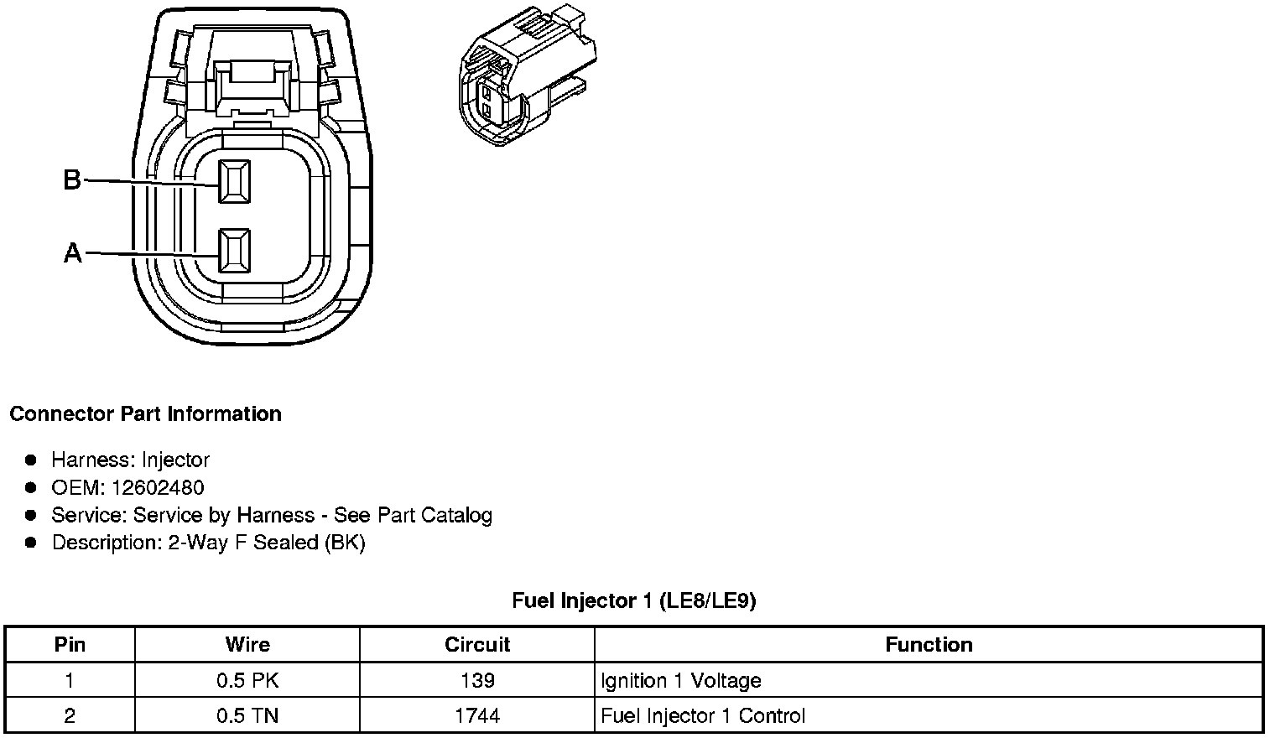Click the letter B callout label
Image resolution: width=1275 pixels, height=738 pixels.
pyautogui.click(x=72, y=179)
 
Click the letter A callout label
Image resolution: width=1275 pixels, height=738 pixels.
pyautogui.click(x=73, y=252)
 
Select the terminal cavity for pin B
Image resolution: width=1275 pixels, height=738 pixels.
pyautogui.click(x=234, y=181)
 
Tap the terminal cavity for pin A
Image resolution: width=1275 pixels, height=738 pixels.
pyautogui.click(x=234, y=251)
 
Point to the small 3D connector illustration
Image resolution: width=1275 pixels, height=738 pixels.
pyautogui.click(x=527, y=80)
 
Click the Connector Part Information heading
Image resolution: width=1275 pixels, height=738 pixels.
pyautogui.click(x=145, y=414)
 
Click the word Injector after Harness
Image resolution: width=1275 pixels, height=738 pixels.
pyautogui.click(x=175, y=460)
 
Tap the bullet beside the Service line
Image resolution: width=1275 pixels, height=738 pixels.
pyautogui.click(x=32, y=515)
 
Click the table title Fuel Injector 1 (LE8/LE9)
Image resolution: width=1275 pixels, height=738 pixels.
pyautogui.click(x=634, y=600)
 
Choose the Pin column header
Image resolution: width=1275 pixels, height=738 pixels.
pyautogui.click(x=70, y=645)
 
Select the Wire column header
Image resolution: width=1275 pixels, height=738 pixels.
pyautogui.click(x=247, y=645)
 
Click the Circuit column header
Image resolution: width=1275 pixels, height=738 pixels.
pyautogui.click(x=476, y=645)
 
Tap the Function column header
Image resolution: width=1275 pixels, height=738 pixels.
pyautogui.click(x=929, y=645)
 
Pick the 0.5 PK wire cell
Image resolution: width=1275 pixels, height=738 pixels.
pyautogui.click(x=247, y=680)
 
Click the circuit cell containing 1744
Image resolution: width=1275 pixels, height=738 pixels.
pyautogui.click(x=476, y=715)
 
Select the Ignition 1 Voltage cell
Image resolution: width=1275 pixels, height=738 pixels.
pyautogui.click(x=681, y=680)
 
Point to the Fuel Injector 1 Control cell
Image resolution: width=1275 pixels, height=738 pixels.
pyautogui.click(x=703, y=715)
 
